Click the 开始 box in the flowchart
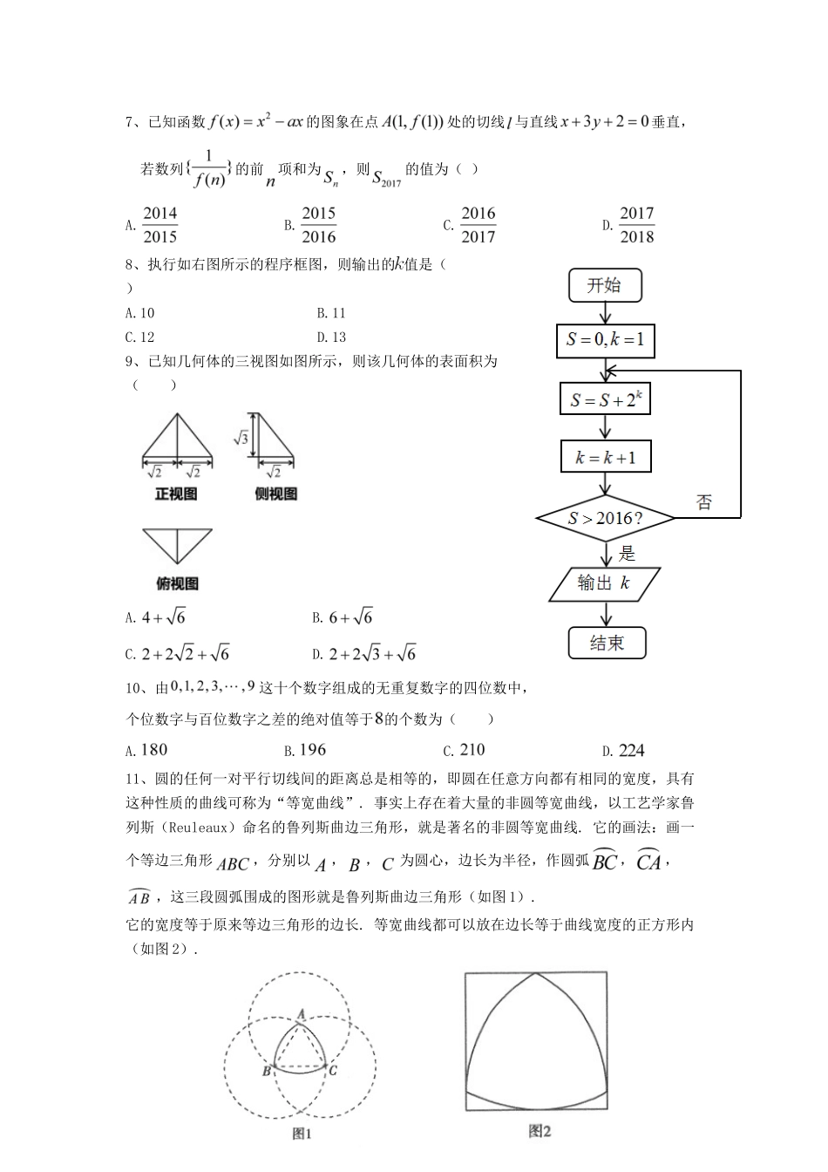click(x=604, y=285)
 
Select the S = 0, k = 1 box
click(x=605, y=340)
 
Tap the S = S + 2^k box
click(x=606, y=399)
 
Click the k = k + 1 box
click(x=606, y=457)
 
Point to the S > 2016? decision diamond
click(x=606, y=519)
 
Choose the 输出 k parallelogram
click(x=604, y=583)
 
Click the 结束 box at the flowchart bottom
click(x=607, y=644)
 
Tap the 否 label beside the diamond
click(x=703, y=501)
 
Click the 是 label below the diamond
click(x=627, y=553)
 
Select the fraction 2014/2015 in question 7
click(x=159, y=225)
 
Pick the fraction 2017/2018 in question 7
click(x=636, y=225)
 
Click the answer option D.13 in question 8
click(x=331, y=337)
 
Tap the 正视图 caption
click(x=176, y=494)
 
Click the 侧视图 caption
click(x=275, y=494)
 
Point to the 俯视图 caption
click(x=177, y=583)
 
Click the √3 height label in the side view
click(x=241, y=438)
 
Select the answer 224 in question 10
click(x=630, y=750)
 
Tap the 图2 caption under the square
click(x=540, y=1131)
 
